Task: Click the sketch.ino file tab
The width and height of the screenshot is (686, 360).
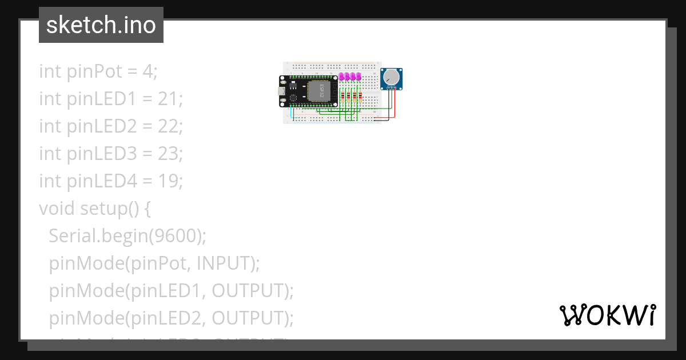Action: [x=101, y=25]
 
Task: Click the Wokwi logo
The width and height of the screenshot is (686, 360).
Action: [x=607, y=315]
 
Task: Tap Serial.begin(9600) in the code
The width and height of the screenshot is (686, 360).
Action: [x=127, y=236]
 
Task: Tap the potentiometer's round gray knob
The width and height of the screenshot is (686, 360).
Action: [x=392, y=77]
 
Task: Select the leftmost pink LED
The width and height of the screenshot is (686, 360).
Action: [x=342, y=77]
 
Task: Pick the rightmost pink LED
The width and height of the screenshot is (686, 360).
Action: [x=359, y=77]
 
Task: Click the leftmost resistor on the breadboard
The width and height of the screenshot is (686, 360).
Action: [x=342, y=97]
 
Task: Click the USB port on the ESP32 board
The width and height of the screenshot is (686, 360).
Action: [x=282, y=91]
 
